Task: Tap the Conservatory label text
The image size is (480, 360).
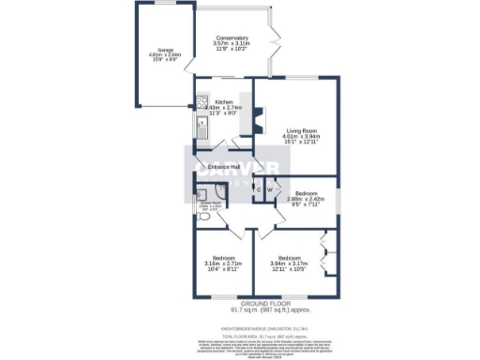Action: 231,37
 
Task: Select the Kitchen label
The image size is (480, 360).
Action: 224,101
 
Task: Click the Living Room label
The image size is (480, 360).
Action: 302,129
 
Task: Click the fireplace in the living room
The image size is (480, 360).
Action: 262,121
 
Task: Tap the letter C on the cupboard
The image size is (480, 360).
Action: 257,189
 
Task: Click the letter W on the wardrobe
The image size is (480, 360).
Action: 270,189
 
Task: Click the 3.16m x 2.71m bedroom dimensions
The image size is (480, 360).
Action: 223,265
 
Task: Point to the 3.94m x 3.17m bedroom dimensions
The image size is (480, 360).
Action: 289,265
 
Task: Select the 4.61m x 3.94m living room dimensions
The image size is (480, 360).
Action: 302,138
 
